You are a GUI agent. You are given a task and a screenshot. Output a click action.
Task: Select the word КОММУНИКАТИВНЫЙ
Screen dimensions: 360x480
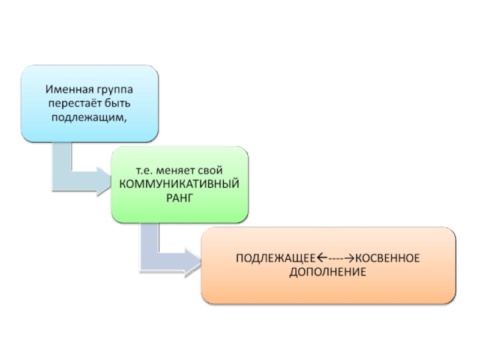click(179, 184)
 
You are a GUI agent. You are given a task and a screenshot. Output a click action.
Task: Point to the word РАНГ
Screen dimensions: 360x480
click(179, 197)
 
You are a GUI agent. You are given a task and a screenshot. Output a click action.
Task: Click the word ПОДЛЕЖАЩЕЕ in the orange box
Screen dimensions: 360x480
click(276, 259)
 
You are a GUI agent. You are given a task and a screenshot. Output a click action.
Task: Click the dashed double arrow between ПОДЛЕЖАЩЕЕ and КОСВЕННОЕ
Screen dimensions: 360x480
click(336, 259)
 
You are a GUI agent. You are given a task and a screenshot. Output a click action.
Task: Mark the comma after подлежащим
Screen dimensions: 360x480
click(127, 118)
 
